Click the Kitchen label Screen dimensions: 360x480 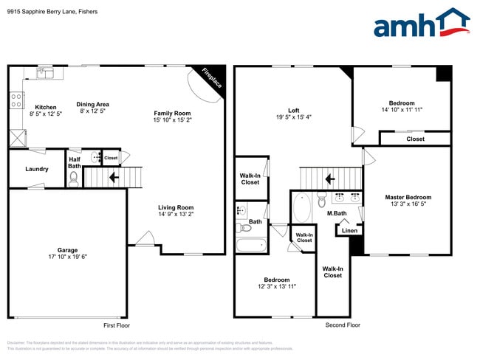pos(38,107)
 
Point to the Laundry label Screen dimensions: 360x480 pos(37,169)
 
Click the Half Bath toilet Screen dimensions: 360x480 pos(73,177)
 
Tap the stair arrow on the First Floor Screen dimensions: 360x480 pos(114,177)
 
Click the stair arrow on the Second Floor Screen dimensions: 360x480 pos(330,178)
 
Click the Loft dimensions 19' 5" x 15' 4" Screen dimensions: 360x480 pos(293,117)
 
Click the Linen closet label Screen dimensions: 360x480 pos(349,231)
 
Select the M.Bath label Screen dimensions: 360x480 pos(337,214)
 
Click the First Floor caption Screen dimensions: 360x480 pos(116,325)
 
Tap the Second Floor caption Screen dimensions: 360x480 pos(343,325)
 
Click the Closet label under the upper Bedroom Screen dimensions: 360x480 pos(415,138)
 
